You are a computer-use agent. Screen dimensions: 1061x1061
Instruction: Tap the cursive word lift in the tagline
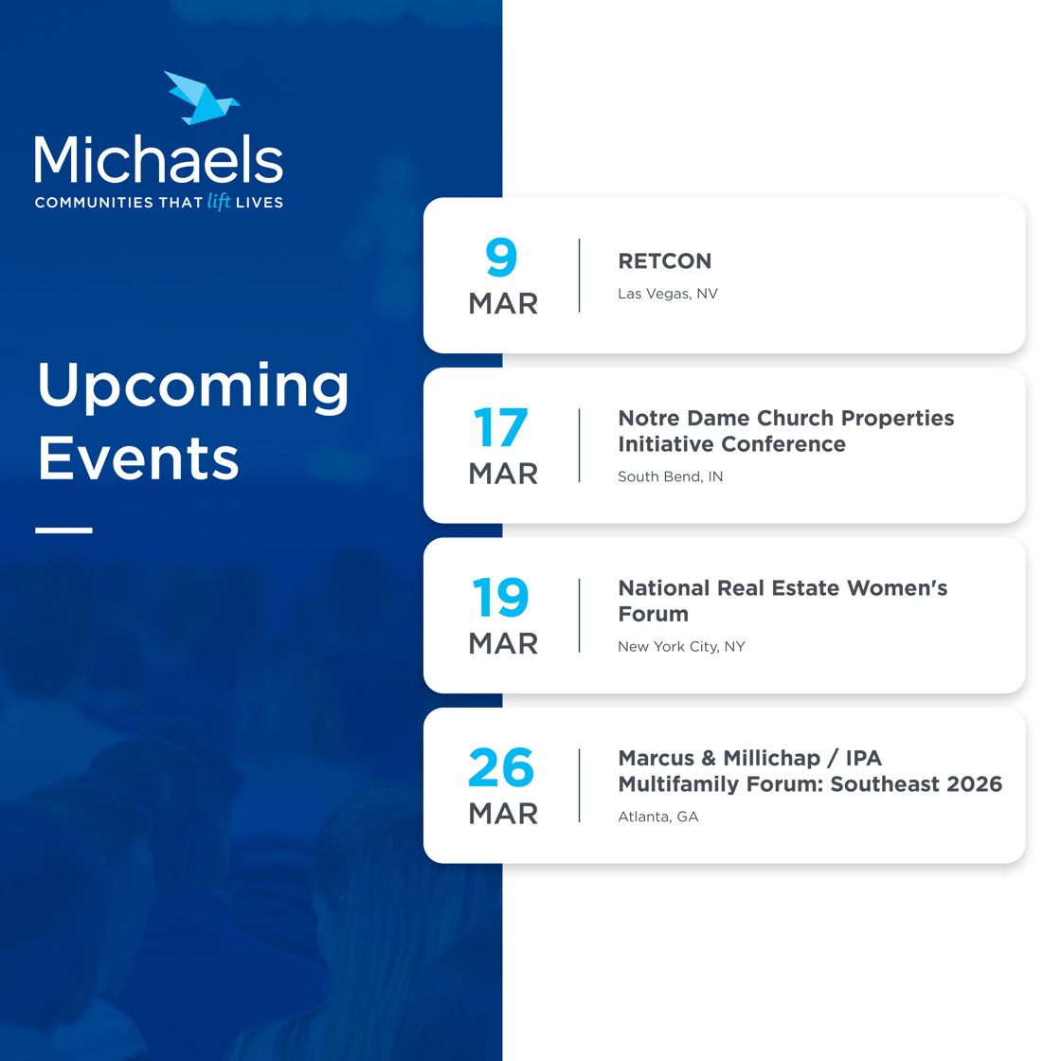click(x=219, y=201)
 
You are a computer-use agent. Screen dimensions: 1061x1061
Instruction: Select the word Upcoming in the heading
click(x=193, y=387)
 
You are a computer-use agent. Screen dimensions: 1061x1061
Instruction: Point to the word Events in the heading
click(x=138, y=459)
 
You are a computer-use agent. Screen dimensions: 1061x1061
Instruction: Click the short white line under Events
click(x=64, y=530)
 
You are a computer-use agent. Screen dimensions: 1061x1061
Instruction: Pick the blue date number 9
click(x=502, y=258)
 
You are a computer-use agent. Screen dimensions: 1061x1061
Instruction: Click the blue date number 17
click(x=500, y=428)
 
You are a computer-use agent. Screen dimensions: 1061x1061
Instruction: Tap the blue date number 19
click(x=500, y=599)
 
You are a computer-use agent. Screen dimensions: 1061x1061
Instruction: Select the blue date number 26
click(x=501, y=768)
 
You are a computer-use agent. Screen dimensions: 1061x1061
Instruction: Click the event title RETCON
click(x=664, y=261)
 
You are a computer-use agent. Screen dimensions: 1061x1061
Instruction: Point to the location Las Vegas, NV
click(x=667, y=294)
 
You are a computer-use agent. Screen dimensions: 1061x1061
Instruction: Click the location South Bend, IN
click(x=670, y=477)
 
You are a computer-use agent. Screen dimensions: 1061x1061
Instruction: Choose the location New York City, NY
click(x=681, y=646)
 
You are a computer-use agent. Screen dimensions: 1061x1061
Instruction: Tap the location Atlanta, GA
click(x=657, y=817)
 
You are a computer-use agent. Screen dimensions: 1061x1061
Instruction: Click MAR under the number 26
click(x=502, y=813)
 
